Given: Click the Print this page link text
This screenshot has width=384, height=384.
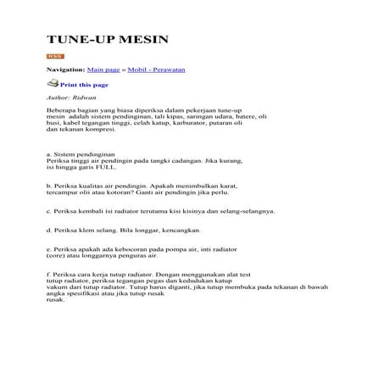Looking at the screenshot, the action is pyautogui.click(x=84, y=85).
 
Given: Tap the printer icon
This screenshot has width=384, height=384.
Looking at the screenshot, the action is pyautogui.click(x=53, y=84).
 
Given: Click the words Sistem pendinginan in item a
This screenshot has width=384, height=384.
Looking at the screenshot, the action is pyautogui.click(x=84, y=155).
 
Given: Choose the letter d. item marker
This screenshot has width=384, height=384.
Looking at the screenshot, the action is pyautogui.click(x=48, y=229).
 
